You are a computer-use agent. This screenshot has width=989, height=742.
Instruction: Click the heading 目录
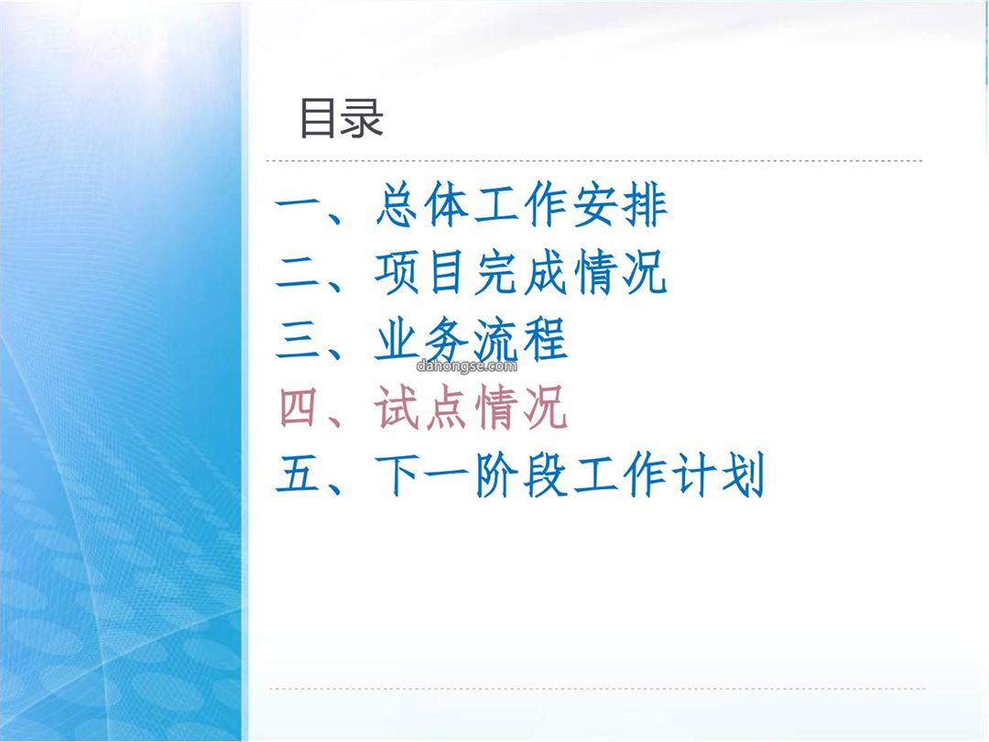click(x=342, y=118)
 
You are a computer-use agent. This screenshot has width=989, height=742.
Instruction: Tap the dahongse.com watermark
click(x=467, y=366)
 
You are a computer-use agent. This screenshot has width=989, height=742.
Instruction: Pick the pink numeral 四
click(x=298, y=408)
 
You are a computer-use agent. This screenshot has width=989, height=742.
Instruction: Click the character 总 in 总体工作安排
click(x=397, y=204)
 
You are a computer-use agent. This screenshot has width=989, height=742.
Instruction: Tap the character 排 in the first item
click(x=645, y=204)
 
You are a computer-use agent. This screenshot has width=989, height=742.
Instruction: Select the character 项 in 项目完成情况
click(x=397, y=273)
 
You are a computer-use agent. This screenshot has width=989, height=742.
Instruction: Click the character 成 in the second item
click(x=546, y=273)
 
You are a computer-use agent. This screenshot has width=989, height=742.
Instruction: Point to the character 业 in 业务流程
click(x=397, y=340)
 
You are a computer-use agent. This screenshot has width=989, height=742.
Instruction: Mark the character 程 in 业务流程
click(x=546, y=340)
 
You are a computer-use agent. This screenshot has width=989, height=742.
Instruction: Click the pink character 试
click(x=397, y=408)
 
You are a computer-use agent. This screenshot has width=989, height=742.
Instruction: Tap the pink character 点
click(x=447, y=408)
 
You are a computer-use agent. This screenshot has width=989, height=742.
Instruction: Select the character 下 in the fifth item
click(x=397, y=475)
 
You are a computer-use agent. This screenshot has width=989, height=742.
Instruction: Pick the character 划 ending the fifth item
click(x=743, y=475)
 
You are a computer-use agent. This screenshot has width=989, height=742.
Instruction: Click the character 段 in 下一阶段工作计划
click(x=546, y=475)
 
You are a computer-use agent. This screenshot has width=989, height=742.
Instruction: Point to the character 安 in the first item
click(x=595, y=204)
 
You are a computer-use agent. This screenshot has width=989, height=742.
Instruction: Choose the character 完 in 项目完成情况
click(x=496, y=273)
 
